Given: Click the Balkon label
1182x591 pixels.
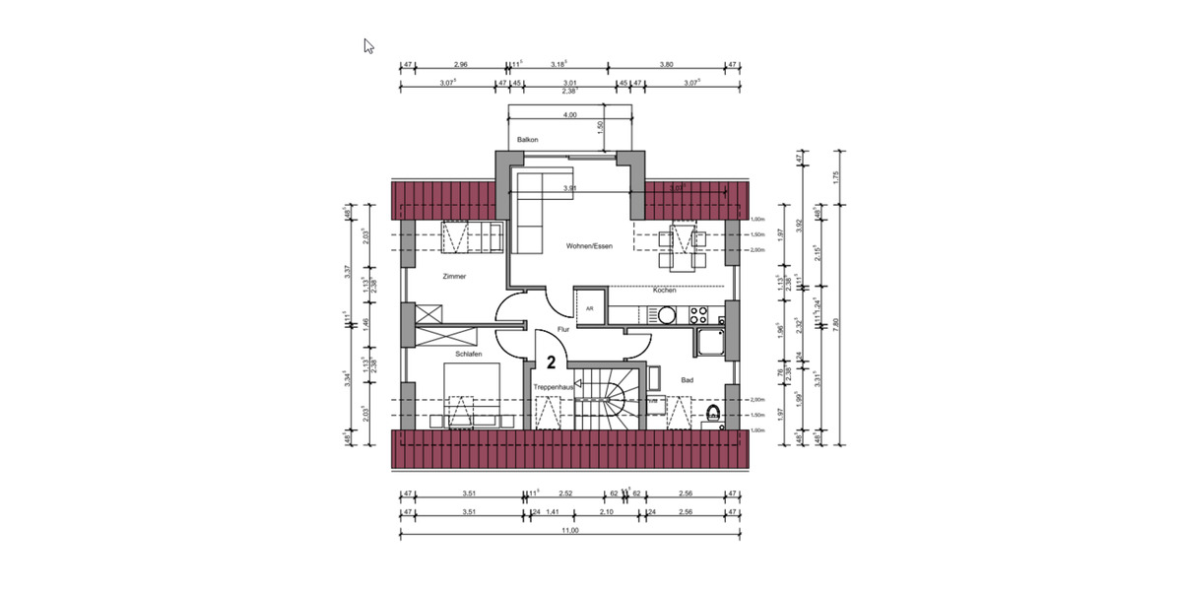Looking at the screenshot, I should click(x=527, y=141).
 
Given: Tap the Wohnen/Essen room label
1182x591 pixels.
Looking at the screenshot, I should click(x=589, y=246).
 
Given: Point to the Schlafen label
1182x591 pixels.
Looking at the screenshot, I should click(x=468, y=354).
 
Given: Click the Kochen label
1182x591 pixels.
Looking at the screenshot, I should click(x=665, y=291).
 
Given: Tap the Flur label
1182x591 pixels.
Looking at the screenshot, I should click(x=563, y=329).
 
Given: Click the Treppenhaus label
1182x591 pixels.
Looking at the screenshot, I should click(x=553, y=388).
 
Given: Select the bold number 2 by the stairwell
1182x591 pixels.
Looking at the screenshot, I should click(x=552, y=362).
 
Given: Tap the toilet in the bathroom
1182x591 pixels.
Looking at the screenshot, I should click(x=713, y=414).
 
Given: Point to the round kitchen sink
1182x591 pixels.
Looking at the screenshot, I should click(x=666, y=315).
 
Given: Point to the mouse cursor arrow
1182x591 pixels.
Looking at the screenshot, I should click(x=368, y=45).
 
